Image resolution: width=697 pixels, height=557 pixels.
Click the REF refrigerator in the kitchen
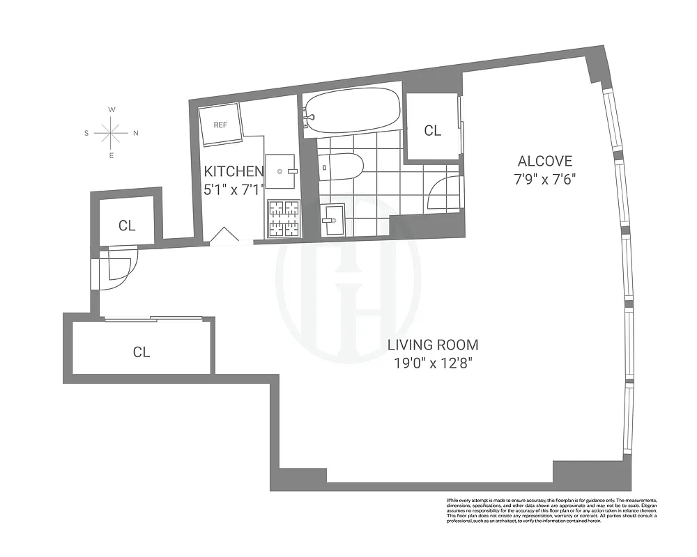(220, 125)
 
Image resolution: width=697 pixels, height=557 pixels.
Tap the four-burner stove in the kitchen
(283, 218)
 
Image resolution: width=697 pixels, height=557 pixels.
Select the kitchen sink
(282, 169)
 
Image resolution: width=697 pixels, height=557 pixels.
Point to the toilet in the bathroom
(342, 168)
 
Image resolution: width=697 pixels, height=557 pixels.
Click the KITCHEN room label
(233, 171)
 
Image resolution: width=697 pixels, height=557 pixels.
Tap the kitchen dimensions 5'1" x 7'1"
(233, 188)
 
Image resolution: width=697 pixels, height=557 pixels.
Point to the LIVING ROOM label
(433, 345)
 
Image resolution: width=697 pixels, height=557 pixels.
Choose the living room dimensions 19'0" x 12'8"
(433, 362)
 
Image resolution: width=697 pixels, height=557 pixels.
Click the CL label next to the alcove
(433, 130)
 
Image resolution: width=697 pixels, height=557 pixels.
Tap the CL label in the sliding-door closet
(141, 352)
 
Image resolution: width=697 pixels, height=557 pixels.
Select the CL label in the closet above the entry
(126, 226)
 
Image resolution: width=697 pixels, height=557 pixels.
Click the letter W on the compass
(112, 110)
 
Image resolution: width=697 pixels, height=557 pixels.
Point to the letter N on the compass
(136, 133)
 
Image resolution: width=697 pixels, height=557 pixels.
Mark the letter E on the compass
(112, 155)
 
